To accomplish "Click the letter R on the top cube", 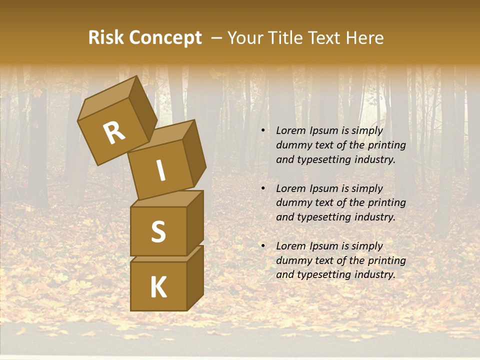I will (x=114, y=133).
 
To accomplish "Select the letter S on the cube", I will (x=158, y=231).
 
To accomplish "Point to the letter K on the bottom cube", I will (x=158, y=287).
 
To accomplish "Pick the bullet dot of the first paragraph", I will (x=263, y=131).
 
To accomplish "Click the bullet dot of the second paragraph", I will (x=263, y=188).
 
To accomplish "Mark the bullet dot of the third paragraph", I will (x=263, y=246).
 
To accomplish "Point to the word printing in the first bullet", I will (x=387, y=145).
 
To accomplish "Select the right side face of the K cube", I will (x=195, y=277).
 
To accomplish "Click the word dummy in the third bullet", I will (x=292, y=260).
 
